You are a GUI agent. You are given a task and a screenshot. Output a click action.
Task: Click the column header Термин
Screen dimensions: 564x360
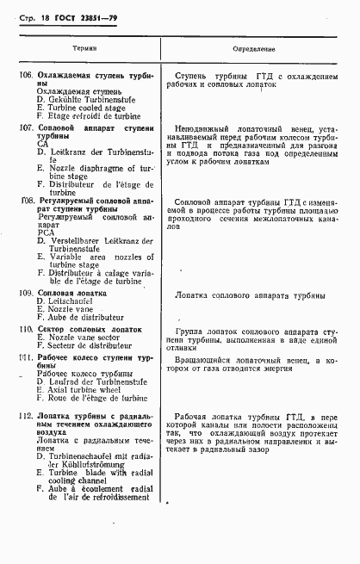pyautogui.click(x=84, y=51)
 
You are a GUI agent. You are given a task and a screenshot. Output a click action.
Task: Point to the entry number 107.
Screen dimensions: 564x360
pyautogui.click(x=27, y=127)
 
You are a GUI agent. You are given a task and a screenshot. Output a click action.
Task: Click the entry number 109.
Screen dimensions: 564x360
pyautogui.click(x=27, y=294)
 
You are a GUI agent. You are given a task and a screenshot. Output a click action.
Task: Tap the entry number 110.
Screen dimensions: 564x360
pyautogui.click(x=27, y=329)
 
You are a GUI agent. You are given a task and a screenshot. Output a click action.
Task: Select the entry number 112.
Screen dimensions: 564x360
pyautogui.click(x=27, y=416)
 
